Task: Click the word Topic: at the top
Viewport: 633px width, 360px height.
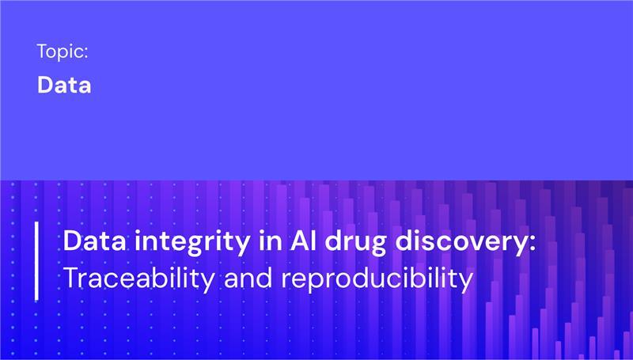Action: pyautogui.click(x=62, y=53)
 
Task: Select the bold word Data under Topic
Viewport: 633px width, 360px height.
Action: pyautogui.click(x=64, y=85)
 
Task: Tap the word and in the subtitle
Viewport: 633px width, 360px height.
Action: pyautogui.click(x=245, y=278)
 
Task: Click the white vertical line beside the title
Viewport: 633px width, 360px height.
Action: pyautogui.click(x=36, y=261)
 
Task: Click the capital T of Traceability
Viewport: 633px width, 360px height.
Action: pyautogui.click(x=70, y=278)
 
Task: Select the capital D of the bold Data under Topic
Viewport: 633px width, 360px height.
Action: pyautogui.click(x=44, y=85)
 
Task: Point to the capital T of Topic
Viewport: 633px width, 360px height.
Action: pyautogui.click(x=41, y=52)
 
